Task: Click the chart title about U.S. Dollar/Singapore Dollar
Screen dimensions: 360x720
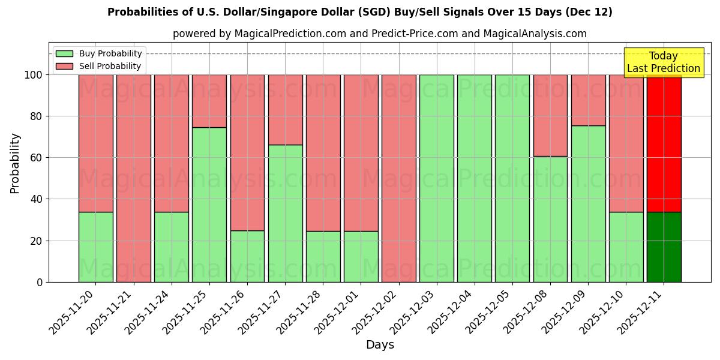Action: [x=360, y=12]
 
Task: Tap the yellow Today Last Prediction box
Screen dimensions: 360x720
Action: [x=663, y=62]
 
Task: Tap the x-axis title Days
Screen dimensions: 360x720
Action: [x=380, y=345]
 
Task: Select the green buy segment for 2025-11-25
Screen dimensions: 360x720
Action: [x=209, y=204]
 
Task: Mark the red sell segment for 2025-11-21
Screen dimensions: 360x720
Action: [x=133, y=178]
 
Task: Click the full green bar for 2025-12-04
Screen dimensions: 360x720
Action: [x=474, y=178]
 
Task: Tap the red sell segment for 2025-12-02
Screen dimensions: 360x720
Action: [x=398, y=178]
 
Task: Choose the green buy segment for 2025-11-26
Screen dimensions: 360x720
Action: [x=247, y=256]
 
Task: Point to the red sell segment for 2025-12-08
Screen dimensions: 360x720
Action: [x=550, y=115]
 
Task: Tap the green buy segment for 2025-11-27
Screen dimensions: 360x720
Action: [x=285, y=213]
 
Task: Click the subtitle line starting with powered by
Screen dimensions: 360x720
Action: [x=379, y=34]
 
